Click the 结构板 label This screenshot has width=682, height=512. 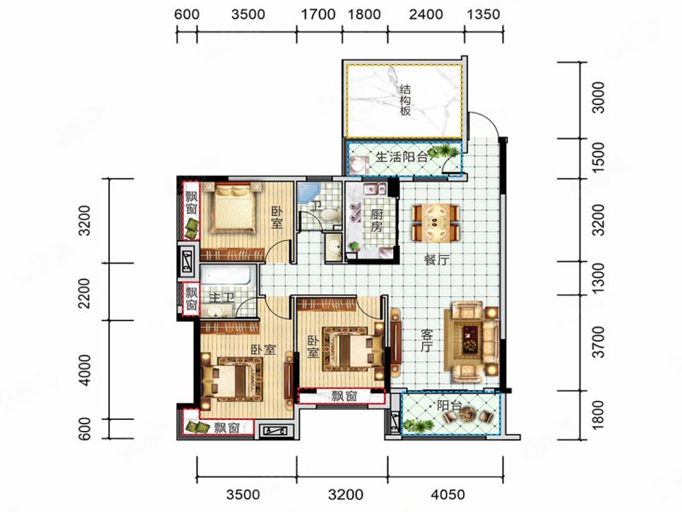tap(406, 101)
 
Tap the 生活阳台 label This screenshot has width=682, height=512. tap(401, 157)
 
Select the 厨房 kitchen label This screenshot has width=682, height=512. tap(376, 220)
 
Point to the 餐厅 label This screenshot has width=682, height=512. tap(436, 260)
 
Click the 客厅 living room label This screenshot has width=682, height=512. tap(427, 340)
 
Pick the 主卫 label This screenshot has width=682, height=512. tap(222, 297)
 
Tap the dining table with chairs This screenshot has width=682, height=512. tap(436, 223)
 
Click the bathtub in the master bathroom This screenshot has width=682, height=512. tap(226, 276)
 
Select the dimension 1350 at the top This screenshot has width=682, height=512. tap(483, 15)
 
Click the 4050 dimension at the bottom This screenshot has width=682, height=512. tap(448, 495)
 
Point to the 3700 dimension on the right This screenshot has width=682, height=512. tap(599, 342)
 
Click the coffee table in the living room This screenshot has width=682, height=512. tap(469, 339)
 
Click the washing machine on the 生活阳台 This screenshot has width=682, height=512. tap(359, 166)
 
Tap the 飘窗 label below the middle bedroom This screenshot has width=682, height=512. tap(344, 396)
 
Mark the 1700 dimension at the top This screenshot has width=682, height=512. tap(318, 15)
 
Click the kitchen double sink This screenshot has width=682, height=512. tap(375, 189)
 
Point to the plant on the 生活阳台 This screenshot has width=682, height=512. tap(442, 152)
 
